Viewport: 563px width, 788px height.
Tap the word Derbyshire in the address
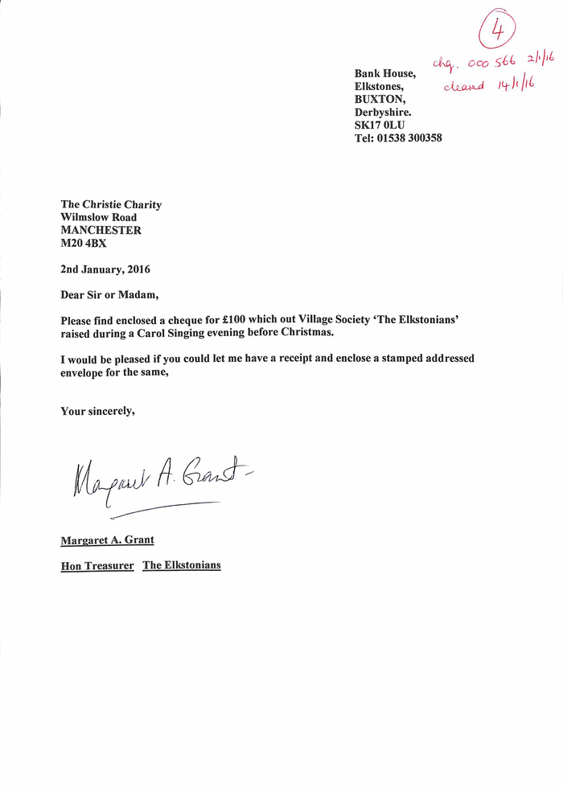point(383,113)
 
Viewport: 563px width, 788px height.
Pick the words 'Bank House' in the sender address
point(385,74)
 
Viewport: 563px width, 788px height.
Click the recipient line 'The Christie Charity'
point(111,204)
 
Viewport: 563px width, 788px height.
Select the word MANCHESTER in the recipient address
point(101,230)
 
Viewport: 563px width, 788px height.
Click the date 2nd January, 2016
point(105,269)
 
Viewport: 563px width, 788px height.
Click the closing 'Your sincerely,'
point(97,412)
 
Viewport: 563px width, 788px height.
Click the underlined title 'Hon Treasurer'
point(97,566)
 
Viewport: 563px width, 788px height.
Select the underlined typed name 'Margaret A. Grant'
point(108,540)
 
